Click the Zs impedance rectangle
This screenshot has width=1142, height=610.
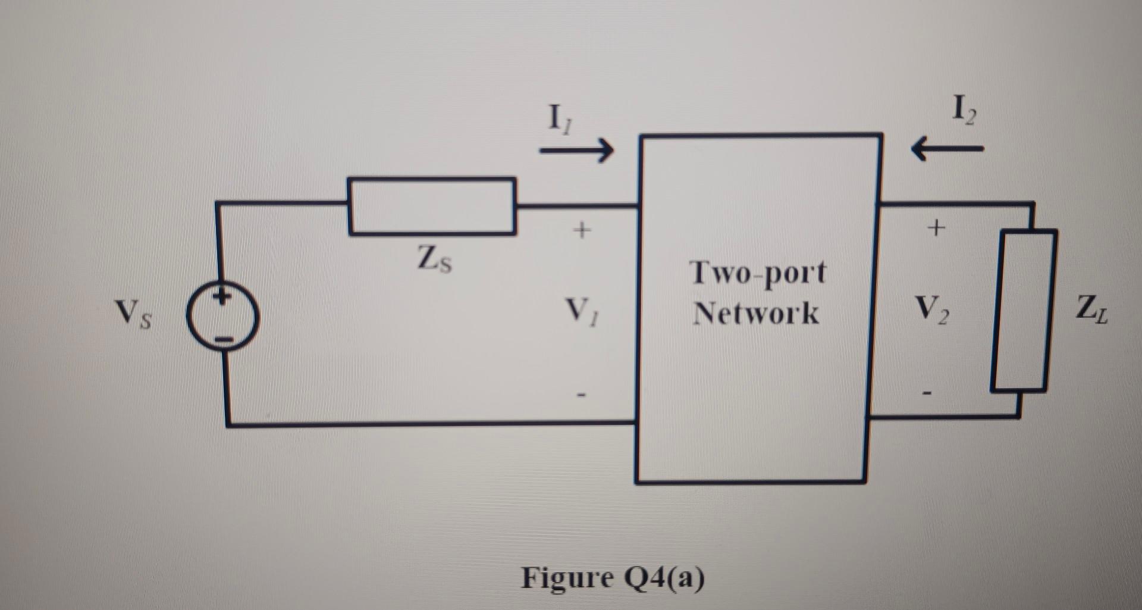coord(432,206)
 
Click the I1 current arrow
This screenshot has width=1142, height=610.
coord(576,150)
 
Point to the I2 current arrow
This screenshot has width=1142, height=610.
coord(947,148)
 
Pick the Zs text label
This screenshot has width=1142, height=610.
coord(434,259)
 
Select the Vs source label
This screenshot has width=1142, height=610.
coord(133,313)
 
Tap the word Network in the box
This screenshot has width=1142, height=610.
coord(756,313)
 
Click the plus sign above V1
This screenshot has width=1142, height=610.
coord(582,229)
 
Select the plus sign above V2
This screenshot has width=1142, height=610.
coord(936,227)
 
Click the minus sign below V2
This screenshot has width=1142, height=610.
coord(927,393)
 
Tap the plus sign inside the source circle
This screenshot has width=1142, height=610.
coord(221,296)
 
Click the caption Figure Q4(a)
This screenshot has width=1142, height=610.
coord(613,577)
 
